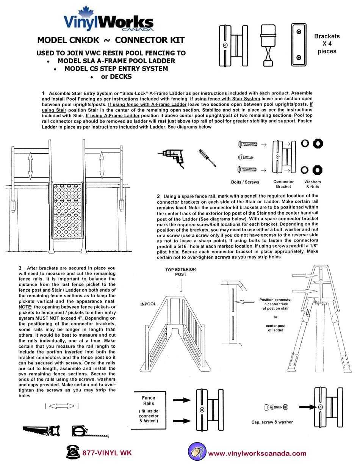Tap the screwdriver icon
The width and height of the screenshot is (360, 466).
click(x=207, y=157)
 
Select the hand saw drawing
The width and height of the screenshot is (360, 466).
click(x=41, y=431)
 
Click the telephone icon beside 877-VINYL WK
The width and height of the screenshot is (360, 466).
click(x=73, y=452)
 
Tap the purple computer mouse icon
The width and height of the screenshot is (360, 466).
click(x=197, y=452)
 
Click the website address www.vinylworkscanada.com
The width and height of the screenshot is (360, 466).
click(x=257, y=453)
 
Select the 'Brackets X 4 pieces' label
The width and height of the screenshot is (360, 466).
click(x=327, y=44)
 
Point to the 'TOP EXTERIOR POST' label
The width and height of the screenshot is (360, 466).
click(x=181, y=271)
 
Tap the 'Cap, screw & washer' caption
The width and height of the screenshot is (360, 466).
click(x=272, y=422)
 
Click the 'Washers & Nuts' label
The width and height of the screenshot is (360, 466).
click(x=312, y=184)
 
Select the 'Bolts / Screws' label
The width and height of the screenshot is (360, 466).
click(x=245, y=182)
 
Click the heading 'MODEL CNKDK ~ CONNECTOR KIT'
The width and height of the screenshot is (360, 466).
click(x=111, y=40)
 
